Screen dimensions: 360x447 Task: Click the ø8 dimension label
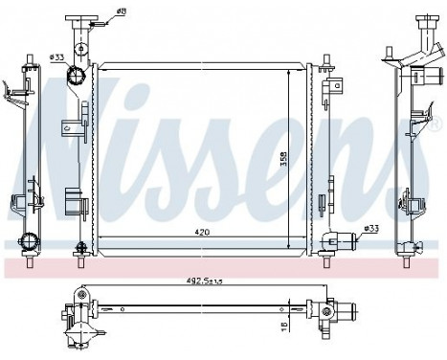pos(122,12)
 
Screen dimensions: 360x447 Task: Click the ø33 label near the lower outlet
pos(370,229)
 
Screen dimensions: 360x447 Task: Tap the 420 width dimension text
pos(200,231)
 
